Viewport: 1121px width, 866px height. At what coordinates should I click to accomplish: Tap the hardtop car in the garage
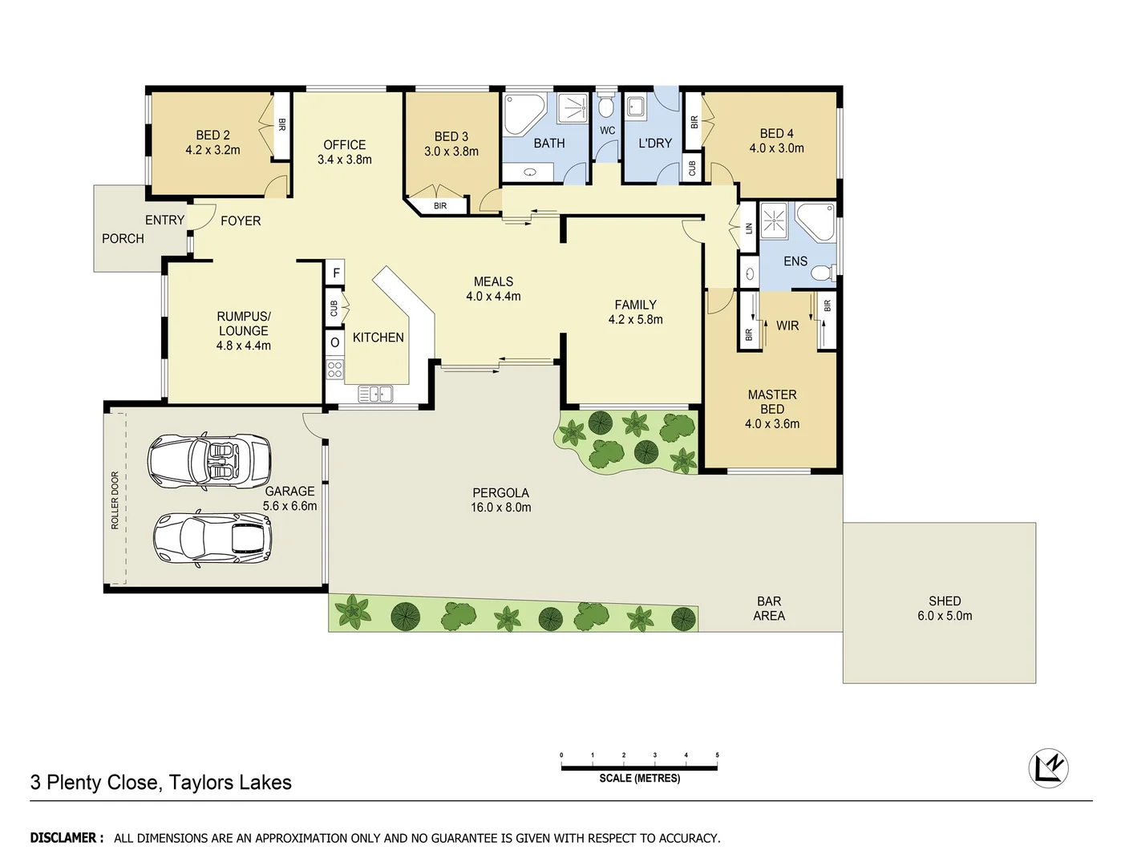pyautogui.click(x=212, y=536)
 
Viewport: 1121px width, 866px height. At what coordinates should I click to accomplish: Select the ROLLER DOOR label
pyautogui.click(x=115, y=500)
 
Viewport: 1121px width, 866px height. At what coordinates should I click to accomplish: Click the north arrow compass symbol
pyautogui.click(x=1048, y=767)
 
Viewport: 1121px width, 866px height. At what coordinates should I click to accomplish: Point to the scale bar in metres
pyautogui.click(x=639, y=767)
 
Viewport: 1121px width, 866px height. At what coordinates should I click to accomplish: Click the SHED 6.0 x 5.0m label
pyautogui.click(x=945, y=609)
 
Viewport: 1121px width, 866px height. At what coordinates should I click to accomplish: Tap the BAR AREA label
pyautogui.click(x=769, y=609)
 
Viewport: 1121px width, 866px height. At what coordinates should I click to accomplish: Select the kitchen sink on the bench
pyautogui.click(x=374, y=394)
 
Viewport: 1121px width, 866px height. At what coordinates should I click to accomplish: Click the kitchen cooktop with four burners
pyautogui.click(x=334, y=370)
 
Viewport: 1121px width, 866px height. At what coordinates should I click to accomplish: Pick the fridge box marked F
pyautogui.click(x=335, y=273)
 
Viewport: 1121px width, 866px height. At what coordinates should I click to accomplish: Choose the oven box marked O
pyautogui.click(x=334, y=342)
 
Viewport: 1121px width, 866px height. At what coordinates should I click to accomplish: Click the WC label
pyautogui.click(x=608, y=131)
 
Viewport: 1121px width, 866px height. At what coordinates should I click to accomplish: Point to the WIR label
pyautogui.click(x=787, y=326)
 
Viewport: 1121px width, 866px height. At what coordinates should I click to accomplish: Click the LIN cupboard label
pyautogui.click(x=749, y=229)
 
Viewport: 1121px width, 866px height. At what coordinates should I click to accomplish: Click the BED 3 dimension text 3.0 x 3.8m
pyautogui.click(x=451, y=152)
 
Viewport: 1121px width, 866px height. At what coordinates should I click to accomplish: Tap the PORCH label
pyautogui.click(x=123, y=239)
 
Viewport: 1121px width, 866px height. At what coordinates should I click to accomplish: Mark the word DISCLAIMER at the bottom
pyautogui.click(x=67, y=838)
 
